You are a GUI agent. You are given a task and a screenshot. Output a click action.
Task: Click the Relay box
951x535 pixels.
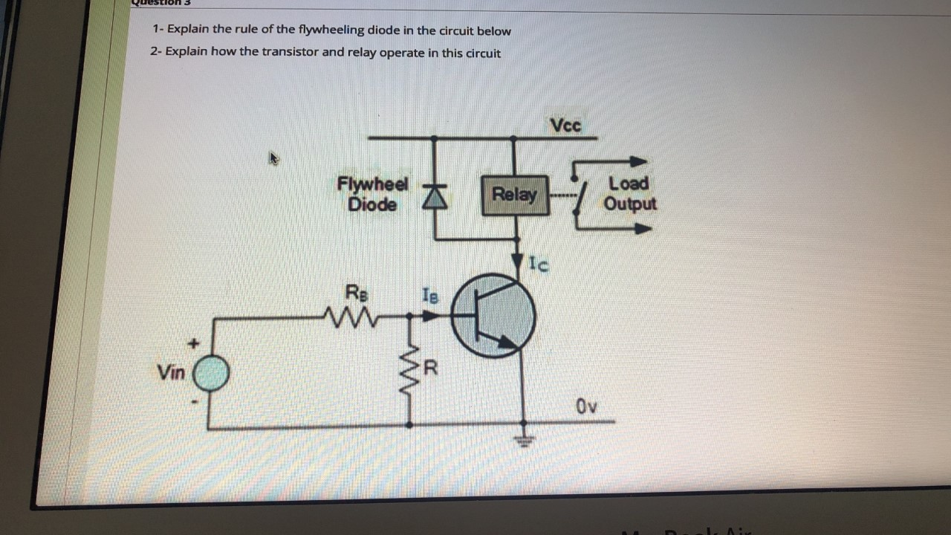[515, 195]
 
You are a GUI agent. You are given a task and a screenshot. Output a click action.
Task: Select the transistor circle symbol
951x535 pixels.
[493, 316]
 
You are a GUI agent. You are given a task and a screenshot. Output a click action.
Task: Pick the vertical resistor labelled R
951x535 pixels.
[409, 369]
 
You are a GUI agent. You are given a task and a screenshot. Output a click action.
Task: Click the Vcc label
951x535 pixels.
[566, 125]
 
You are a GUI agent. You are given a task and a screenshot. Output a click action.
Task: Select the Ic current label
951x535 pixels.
[539, 263]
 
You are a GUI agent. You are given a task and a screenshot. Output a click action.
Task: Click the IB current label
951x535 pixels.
[430, 295]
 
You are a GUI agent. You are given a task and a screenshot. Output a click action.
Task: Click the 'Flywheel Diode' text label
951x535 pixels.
[372, 194]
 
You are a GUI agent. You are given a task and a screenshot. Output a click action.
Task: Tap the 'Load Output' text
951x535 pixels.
[629, 193]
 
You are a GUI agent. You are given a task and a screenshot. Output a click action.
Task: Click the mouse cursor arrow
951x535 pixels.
[274, 158]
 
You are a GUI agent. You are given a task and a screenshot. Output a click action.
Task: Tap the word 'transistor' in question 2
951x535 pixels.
[288, 53]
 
